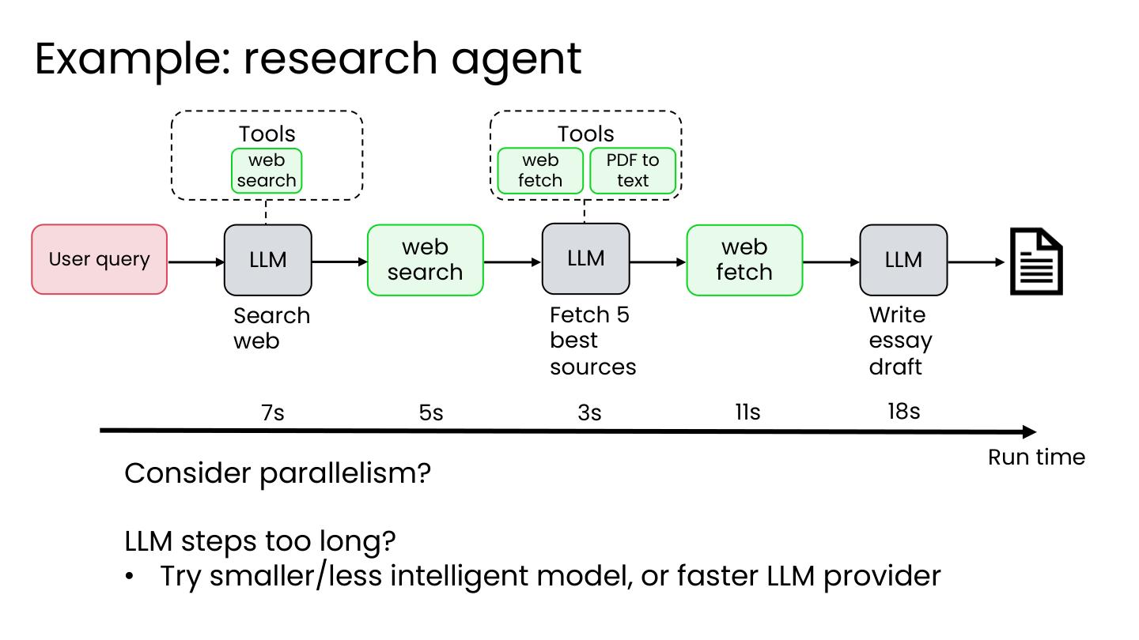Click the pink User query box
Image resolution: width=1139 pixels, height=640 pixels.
click(99, 259)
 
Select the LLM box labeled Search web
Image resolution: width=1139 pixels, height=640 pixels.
click(268, 260)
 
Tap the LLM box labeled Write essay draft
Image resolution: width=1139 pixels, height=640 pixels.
click(903, 260)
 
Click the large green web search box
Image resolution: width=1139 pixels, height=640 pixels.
click(425, 260)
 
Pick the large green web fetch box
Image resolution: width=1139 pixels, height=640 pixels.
click(744, 260)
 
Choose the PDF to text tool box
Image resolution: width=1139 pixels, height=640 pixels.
click(633, 171)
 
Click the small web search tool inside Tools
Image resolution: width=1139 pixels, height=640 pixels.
click(267, 171)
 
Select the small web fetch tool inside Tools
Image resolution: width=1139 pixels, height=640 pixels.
click(540, 171)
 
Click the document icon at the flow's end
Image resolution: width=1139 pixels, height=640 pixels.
click(1036, 261)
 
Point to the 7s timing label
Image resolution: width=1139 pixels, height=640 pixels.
click(273, 412)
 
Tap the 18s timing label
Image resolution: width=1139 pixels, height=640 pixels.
click(903, 411)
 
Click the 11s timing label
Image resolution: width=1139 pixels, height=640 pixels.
click(747, 412)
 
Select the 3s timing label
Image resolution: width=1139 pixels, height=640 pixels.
click(589, 412)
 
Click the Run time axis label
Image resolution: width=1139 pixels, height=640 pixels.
click(1036, 457)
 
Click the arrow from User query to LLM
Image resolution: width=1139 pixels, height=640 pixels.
click(196, 262)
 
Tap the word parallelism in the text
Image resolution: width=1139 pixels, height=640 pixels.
click(345, 473)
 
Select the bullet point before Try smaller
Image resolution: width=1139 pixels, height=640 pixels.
click(130, 577)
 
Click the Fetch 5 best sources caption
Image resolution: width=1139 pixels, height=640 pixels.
click(592, 341)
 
